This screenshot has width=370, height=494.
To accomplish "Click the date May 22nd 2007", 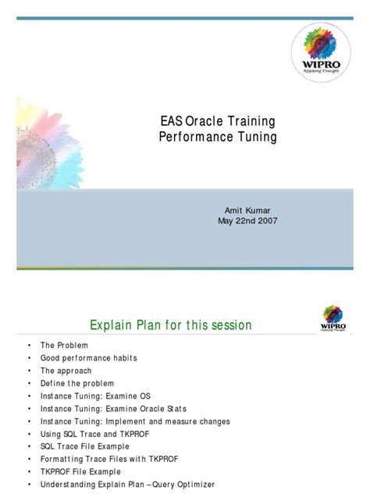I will click(247, 220).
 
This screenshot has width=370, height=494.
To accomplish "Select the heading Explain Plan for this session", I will click(171, 324).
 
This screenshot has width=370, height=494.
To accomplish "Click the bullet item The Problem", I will click(64, 345).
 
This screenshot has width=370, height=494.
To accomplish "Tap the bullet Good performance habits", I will click(88, 357).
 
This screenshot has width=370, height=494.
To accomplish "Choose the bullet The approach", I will click(66, 370).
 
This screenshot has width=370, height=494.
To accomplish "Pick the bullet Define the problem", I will click(77, 383).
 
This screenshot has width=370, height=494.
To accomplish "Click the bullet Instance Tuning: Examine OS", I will click(94, 396).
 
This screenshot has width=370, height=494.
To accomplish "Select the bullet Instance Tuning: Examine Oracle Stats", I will click(113, 408).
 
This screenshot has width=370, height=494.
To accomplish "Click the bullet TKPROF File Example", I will click(80, 471).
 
